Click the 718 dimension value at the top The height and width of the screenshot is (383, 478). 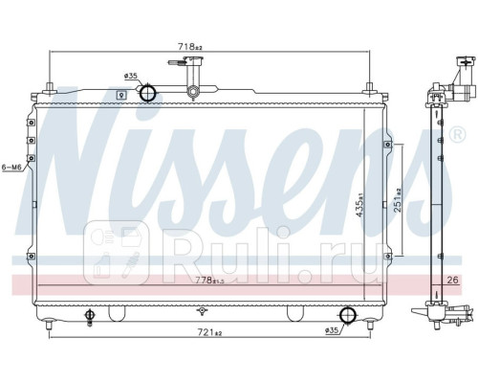(x=190, y=47)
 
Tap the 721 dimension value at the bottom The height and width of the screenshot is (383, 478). (x=209, y=332)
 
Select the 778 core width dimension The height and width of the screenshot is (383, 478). (x=209, y=281)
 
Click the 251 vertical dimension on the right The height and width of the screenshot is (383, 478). (x=398, y=200)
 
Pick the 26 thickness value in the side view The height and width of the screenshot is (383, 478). (x=452, y=281)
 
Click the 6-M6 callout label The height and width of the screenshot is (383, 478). (x=11, y=167)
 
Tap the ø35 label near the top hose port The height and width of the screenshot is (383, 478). (x=130, y=76)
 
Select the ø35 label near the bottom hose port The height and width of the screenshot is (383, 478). (x=331, y=330)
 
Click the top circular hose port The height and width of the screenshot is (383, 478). (x=148, y=93)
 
